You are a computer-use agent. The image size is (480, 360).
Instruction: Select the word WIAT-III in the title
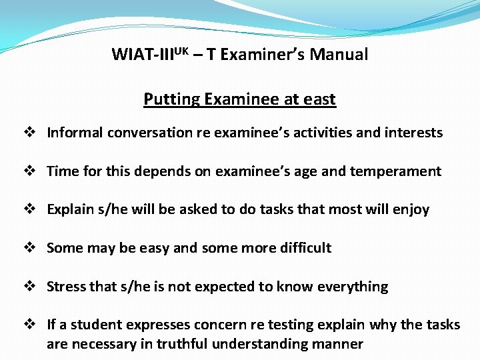click(x=144, y=55)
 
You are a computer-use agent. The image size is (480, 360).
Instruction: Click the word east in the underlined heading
click(x=319, y=99)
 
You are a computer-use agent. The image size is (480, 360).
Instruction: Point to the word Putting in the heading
click(x=171, y=100)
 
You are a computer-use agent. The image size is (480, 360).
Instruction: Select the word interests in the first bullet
click(x=415, y=133)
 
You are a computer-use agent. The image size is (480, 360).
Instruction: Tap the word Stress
click(x=66, y=287)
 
